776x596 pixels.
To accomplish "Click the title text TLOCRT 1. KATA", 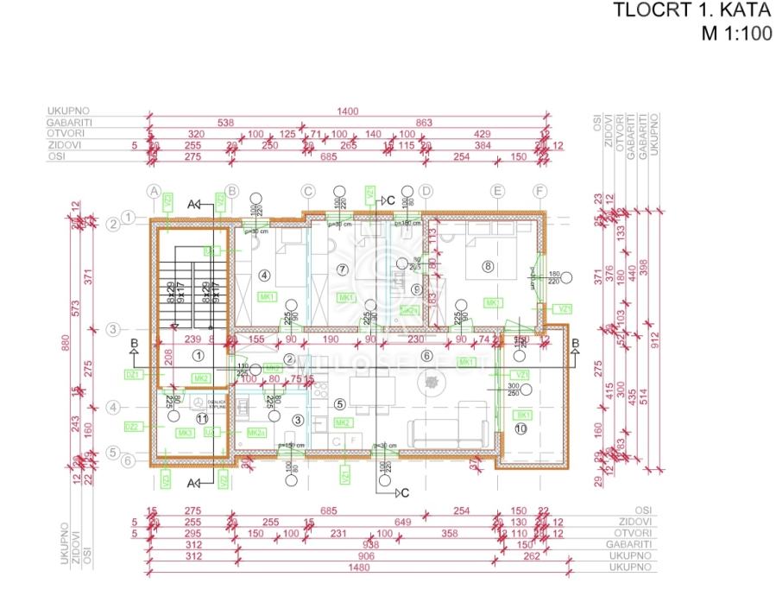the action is (691, 11).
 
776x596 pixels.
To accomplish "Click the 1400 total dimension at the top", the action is (348, 112).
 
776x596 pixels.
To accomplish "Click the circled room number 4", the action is (264, 276).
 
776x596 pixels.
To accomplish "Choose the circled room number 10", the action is (520, 428).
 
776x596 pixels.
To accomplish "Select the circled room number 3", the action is (298, 420).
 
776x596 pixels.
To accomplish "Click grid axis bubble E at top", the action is (497, 192).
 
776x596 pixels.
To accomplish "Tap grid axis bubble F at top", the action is (540, 192).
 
